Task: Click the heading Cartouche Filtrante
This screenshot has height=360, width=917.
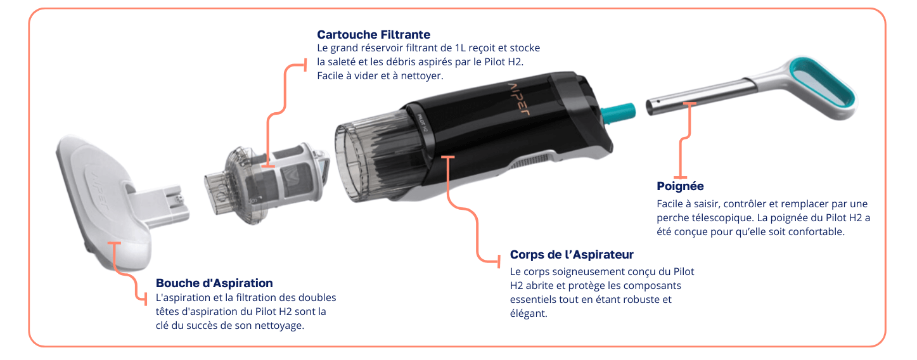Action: [373, 34]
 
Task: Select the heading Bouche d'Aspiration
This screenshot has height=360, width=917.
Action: [214, 283]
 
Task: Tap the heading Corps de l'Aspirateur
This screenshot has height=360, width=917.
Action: [572, 255]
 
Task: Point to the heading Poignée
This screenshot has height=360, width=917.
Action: [680, 186]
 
